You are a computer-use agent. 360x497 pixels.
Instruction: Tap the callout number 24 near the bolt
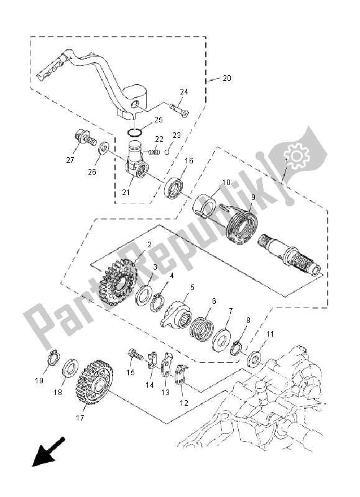pyautogui.click(x=184, y=92)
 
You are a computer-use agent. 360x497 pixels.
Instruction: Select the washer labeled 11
pyautogui.click(x=255, y=358)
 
